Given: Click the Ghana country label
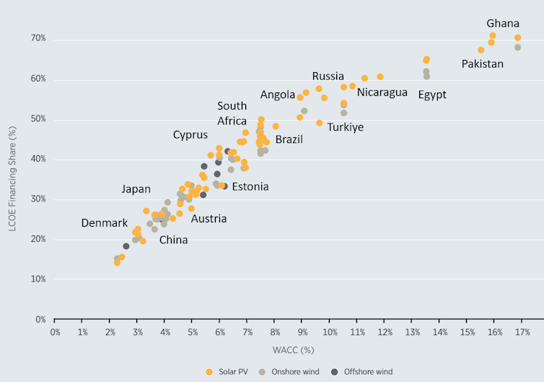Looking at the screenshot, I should click(502, 23).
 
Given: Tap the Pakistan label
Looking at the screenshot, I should click(482, 64).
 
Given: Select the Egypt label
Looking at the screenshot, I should click(432, 95).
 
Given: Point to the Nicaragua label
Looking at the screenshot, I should click(382, 92).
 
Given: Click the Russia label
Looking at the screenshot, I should click(328, 77).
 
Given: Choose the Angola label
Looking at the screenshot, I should click(278, 95).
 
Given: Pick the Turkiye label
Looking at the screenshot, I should click(345, 127).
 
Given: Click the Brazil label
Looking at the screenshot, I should click(289, 139).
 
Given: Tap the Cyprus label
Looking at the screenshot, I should click(190, 134).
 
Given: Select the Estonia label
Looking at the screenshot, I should click(250, 186).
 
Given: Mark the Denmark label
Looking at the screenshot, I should click(105, 223).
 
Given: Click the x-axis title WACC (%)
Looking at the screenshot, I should click(293, 350).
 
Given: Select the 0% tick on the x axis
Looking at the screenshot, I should click(55, 332).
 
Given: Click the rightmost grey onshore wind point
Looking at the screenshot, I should click(517, 48).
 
